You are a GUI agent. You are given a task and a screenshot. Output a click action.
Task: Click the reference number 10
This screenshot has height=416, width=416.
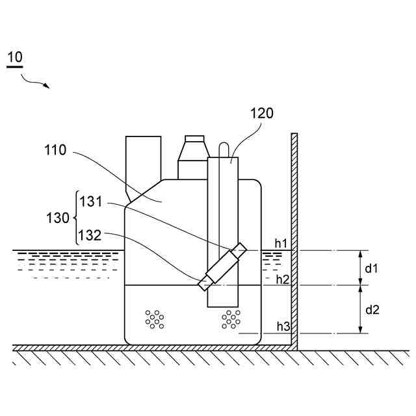(x=15, y=57)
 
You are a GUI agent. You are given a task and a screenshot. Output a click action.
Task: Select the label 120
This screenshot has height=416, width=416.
(x=262, y=113)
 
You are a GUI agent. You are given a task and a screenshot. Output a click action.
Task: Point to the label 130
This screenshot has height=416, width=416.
(x=58, y=218)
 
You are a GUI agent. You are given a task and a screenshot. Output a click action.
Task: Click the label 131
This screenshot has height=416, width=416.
(x=90, y=202)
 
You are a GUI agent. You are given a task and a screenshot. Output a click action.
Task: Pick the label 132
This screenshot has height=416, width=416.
(x=90, y=234)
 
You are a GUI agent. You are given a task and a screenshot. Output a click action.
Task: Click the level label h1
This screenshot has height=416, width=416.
(x=281, y=243)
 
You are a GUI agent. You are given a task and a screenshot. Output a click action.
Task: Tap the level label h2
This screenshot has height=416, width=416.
(x=282, y=279)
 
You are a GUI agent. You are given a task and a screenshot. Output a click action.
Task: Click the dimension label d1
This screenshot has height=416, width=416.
(x=371, y=267)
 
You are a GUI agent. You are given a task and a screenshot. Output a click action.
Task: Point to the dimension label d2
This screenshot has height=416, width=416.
(x=372, y=309)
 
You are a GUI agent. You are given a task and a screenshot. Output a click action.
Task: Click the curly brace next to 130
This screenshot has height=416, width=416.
(x=77, y=218)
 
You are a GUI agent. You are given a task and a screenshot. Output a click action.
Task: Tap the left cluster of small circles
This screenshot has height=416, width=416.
(x=154, y=318)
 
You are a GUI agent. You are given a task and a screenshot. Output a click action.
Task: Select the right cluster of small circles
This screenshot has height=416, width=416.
(x=231, y=318)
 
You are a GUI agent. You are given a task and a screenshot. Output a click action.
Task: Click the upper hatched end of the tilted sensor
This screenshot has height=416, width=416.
(x=239, y=250)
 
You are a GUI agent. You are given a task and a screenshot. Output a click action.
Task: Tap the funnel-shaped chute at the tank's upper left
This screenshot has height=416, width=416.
(x=143, y=162)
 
